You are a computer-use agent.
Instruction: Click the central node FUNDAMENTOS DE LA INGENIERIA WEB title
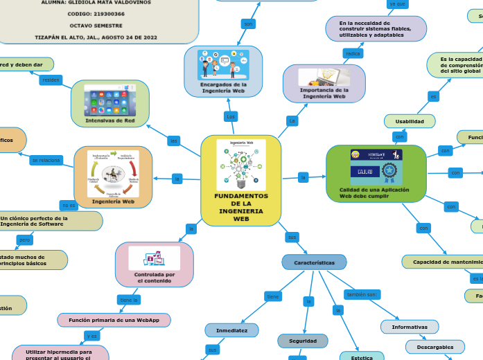(240, 208)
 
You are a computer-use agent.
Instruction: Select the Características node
(314, 263)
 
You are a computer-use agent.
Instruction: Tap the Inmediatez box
(231, 331)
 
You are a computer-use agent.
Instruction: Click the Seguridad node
(303, 341)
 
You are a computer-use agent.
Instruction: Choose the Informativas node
(409, 326)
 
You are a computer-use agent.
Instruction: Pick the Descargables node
(435, 346)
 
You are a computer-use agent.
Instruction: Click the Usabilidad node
(410, 121)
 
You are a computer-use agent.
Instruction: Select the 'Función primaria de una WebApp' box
(114, 319)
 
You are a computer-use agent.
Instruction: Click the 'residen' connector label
(51, 80)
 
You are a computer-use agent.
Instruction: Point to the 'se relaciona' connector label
(46, 160)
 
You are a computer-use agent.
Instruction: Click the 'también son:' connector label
(362, 294)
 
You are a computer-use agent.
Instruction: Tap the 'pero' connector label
(24, 240)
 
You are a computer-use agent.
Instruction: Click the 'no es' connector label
(68, 206)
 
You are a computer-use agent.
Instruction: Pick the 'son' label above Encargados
(248, 24)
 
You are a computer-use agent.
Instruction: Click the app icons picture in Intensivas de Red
(110, 100)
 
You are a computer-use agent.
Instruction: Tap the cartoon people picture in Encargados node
(223, 64)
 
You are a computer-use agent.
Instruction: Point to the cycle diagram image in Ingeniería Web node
(113, 172)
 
